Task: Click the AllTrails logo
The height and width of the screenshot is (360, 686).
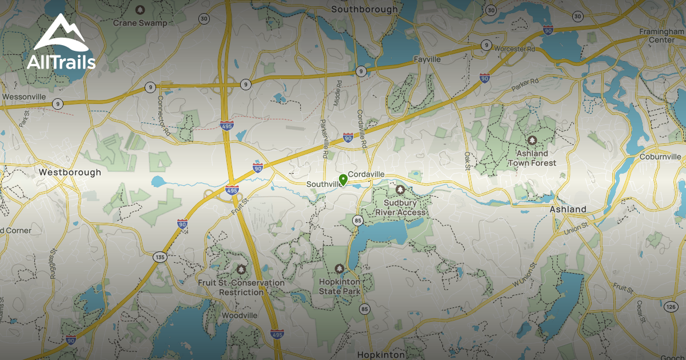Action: [61, 43]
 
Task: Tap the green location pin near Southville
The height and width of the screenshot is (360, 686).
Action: [343, 181]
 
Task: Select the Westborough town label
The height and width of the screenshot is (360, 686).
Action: [70, 172]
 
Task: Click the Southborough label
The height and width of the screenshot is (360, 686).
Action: [364, 9]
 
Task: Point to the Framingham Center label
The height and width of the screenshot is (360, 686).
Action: [662, 35]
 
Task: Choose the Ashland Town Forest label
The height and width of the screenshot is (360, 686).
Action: [532, 158]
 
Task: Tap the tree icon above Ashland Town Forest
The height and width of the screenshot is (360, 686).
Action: [532, 139]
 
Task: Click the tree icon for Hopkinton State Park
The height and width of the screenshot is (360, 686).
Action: [339, 268]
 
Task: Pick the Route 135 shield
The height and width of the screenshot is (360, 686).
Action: [159, 257]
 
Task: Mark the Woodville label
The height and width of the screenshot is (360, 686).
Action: [240, 315]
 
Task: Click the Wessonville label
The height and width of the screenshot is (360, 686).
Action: [24, 97]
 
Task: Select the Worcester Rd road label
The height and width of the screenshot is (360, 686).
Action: [515, 49]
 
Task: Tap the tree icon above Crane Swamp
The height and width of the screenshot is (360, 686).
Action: [140, 10]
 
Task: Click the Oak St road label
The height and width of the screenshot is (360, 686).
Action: [467, 160]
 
